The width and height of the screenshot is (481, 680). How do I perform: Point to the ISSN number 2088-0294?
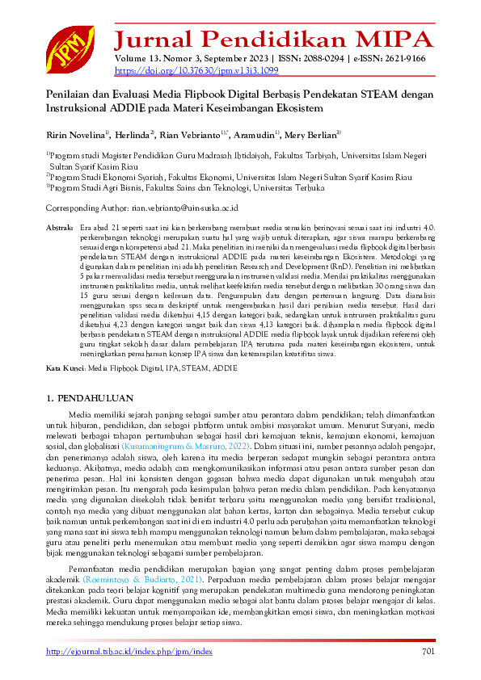327,58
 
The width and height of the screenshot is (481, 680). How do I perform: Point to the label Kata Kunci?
65,367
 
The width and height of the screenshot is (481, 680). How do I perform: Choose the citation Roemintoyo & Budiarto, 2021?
141,581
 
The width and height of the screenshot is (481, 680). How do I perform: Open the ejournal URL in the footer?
129,652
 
